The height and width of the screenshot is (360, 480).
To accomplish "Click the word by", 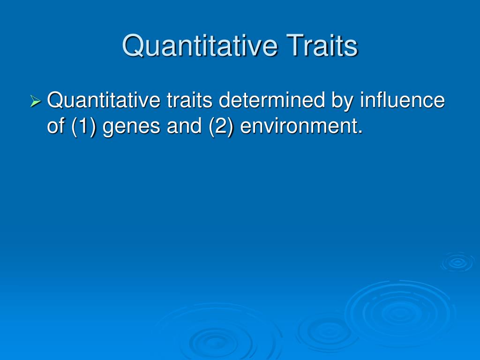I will pyautogui.click(x=344, y=100).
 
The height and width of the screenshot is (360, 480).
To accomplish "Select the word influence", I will pyautogui.click(x=403, y=100).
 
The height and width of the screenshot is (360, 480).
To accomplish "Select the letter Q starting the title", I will pyautogui.click(x=132, y=46).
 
